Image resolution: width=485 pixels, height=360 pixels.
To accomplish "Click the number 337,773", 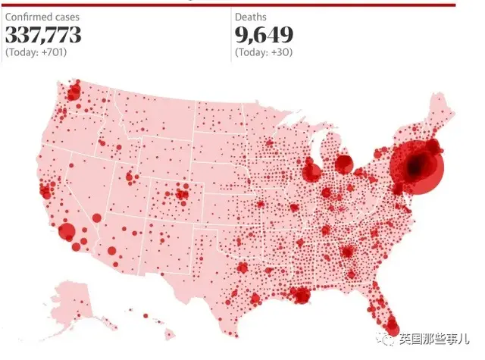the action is (x=43, y=34).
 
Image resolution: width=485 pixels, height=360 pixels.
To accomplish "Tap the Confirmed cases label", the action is (x=42, y=17).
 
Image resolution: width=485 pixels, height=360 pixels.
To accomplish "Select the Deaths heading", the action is (x=251, y=17).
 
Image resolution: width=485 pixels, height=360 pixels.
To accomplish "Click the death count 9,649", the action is (x=264, y=34).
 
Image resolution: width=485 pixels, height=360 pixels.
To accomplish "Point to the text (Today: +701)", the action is (x=36, y=52).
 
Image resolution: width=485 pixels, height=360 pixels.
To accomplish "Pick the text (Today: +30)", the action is (x=264, y=52).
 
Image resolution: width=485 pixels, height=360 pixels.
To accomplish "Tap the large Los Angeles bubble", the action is (x=67, y=231).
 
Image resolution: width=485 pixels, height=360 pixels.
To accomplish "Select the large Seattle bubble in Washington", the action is (x=74, y=92).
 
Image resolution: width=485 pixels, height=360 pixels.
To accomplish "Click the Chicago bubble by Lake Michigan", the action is (x=311, y=172).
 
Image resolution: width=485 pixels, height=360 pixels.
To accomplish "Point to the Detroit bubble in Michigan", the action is (x=343, y=164).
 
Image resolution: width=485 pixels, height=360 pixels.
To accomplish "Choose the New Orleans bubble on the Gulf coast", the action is (x=302, y=296).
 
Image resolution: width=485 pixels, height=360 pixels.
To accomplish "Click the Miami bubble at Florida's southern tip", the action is (x=393, y=327).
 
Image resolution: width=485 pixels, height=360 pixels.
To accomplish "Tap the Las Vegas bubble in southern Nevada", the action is (x=96, y=218).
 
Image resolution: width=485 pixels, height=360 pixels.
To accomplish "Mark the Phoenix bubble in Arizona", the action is (x=112, y=251).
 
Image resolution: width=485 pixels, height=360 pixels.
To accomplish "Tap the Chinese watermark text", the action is (x=433, y=340).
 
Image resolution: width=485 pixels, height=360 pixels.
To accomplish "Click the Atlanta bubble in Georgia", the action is (x=347, y=252).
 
